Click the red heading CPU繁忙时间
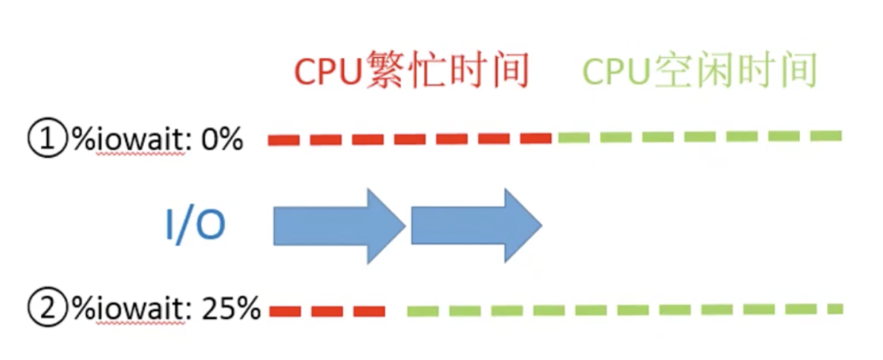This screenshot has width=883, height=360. click(411, 70)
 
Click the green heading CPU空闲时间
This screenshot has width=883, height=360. click(699, 70)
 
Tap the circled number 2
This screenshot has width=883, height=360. click(47, 307)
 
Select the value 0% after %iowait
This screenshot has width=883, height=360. click(222, 139)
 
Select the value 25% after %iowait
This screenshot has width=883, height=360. click(231, 308)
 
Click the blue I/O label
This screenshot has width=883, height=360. click(195, 225)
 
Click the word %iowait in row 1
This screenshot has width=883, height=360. click(129, 139)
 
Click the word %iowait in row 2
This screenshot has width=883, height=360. click(129, 308)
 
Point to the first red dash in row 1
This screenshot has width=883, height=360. click(284, 140)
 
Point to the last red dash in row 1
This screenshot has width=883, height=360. click(535, 138)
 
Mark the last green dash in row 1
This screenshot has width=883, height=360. click(826, 135)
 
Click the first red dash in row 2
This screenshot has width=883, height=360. click(285, 311)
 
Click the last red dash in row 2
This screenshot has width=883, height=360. click(369, 311)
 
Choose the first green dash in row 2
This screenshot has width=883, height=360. click(422, 311)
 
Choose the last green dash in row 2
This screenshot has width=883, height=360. click(835, 309)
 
